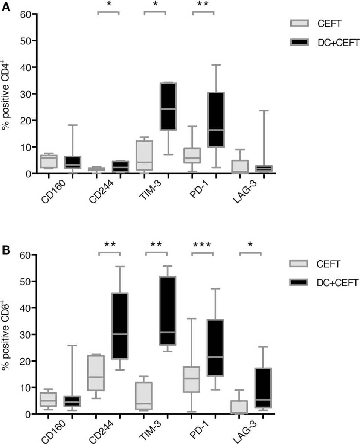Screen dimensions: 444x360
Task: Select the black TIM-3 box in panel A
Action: coord(169,106)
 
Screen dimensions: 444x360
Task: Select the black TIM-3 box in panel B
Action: coord(168,310)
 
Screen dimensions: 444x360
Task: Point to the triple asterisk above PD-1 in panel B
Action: coord(202,245)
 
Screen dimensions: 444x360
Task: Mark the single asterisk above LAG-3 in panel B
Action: coord(250,244)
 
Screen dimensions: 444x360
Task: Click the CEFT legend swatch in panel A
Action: coord(300,23)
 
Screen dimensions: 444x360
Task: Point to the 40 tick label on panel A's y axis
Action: coord(25,67)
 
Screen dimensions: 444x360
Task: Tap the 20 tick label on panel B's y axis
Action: coord(25,361)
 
